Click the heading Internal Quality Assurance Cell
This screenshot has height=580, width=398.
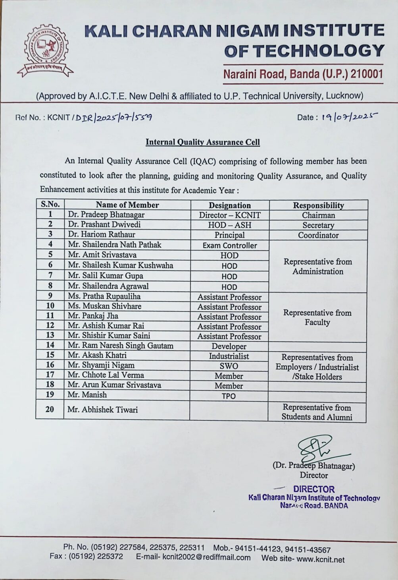202,142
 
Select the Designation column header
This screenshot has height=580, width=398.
230,205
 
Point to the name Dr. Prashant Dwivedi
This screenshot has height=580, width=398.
104,224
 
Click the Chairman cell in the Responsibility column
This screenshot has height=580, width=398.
318,215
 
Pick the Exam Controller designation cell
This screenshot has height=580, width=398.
230,246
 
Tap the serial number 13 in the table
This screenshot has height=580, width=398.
50,335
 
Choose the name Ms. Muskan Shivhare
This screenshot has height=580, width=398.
104,306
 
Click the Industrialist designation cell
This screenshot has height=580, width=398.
229,356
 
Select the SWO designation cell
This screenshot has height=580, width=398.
229,366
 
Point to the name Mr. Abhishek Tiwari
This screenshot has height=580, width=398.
102,410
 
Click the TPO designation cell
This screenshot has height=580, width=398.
229,396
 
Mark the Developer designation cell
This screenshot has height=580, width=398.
229,346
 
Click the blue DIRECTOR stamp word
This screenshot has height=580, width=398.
314,489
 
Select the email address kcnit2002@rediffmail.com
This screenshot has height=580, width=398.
206,557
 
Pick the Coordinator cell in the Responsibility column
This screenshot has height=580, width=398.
318,235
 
